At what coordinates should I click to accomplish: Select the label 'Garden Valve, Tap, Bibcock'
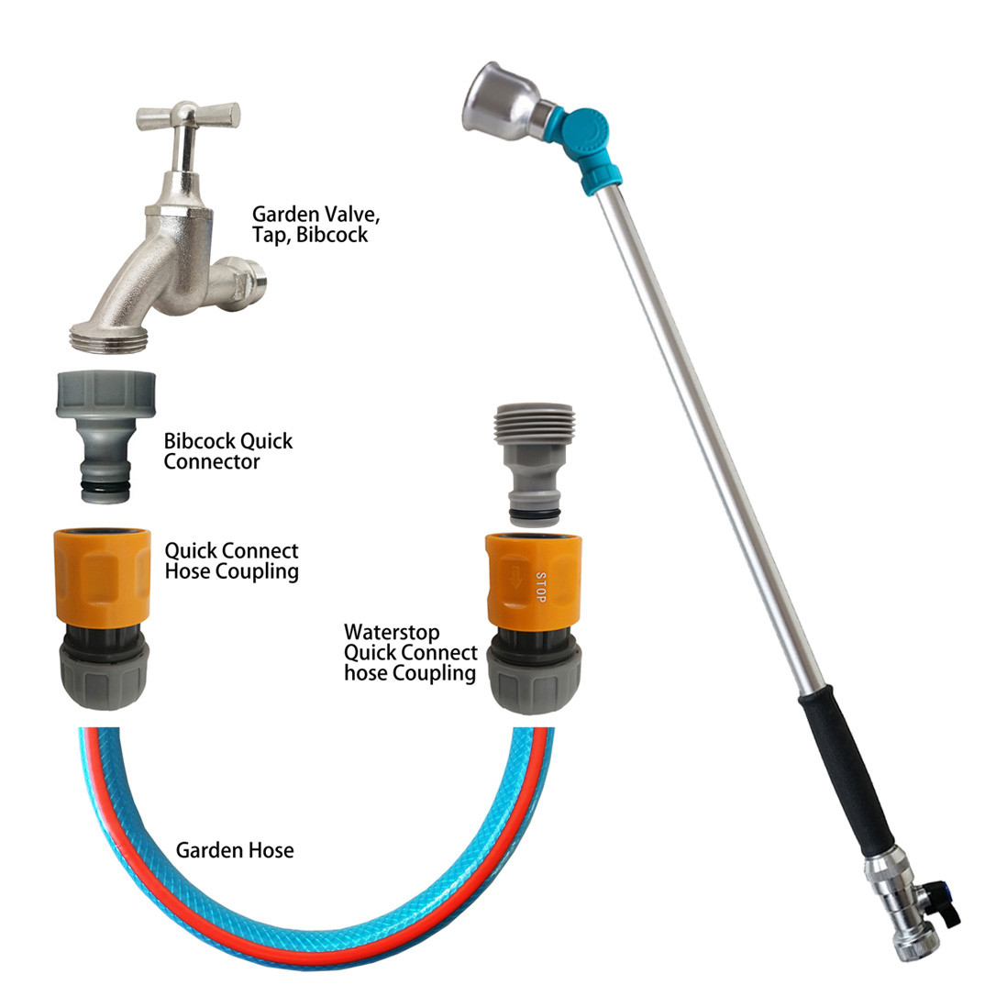pos(315,224)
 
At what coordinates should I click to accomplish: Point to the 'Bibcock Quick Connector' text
pos(228,451)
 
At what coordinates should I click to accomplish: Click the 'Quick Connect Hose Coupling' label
pos(231,561)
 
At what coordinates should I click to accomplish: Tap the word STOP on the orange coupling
pos(540,587)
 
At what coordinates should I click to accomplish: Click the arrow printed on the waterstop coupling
pos(515,579)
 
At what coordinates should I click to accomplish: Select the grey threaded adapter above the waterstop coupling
pos(534,465)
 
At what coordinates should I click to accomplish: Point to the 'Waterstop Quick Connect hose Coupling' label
pos(410,652)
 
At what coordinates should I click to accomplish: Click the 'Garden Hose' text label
pos(235,850)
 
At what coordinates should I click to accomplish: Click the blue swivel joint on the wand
pos(588,147)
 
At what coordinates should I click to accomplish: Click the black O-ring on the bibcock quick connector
pos(105,489)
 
